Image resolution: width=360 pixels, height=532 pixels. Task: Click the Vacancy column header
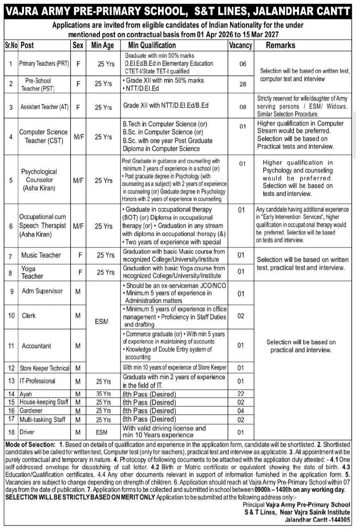coord(240,45)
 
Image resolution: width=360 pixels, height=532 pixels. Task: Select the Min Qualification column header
coord(152,45)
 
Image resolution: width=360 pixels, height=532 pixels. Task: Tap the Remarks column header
coord(281,45)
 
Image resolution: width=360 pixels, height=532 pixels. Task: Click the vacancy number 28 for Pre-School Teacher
coord(243,84)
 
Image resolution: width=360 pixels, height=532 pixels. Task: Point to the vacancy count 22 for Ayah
coord(240,394)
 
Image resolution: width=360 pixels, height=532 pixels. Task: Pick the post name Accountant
coord(37,346)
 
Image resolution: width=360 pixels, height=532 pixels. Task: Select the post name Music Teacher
coord(41,255)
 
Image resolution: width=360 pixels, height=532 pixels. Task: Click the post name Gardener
coord(31,411)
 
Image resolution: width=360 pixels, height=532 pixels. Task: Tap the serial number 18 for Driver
coord(11,432)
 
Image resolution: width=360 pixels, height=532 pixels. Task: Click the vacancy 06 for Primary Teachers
coord(243,64)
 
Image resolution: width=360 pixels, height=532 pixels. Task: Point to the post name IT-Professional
coord(37,381)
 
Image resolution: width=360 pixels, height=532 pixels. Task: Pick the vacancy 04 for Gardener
coord(240,411)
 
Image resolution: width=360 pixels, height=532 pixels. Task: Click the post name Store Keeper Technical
coord(44,368)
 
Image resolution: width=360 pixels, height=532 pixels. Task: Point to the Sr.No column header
coord(11,45)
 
